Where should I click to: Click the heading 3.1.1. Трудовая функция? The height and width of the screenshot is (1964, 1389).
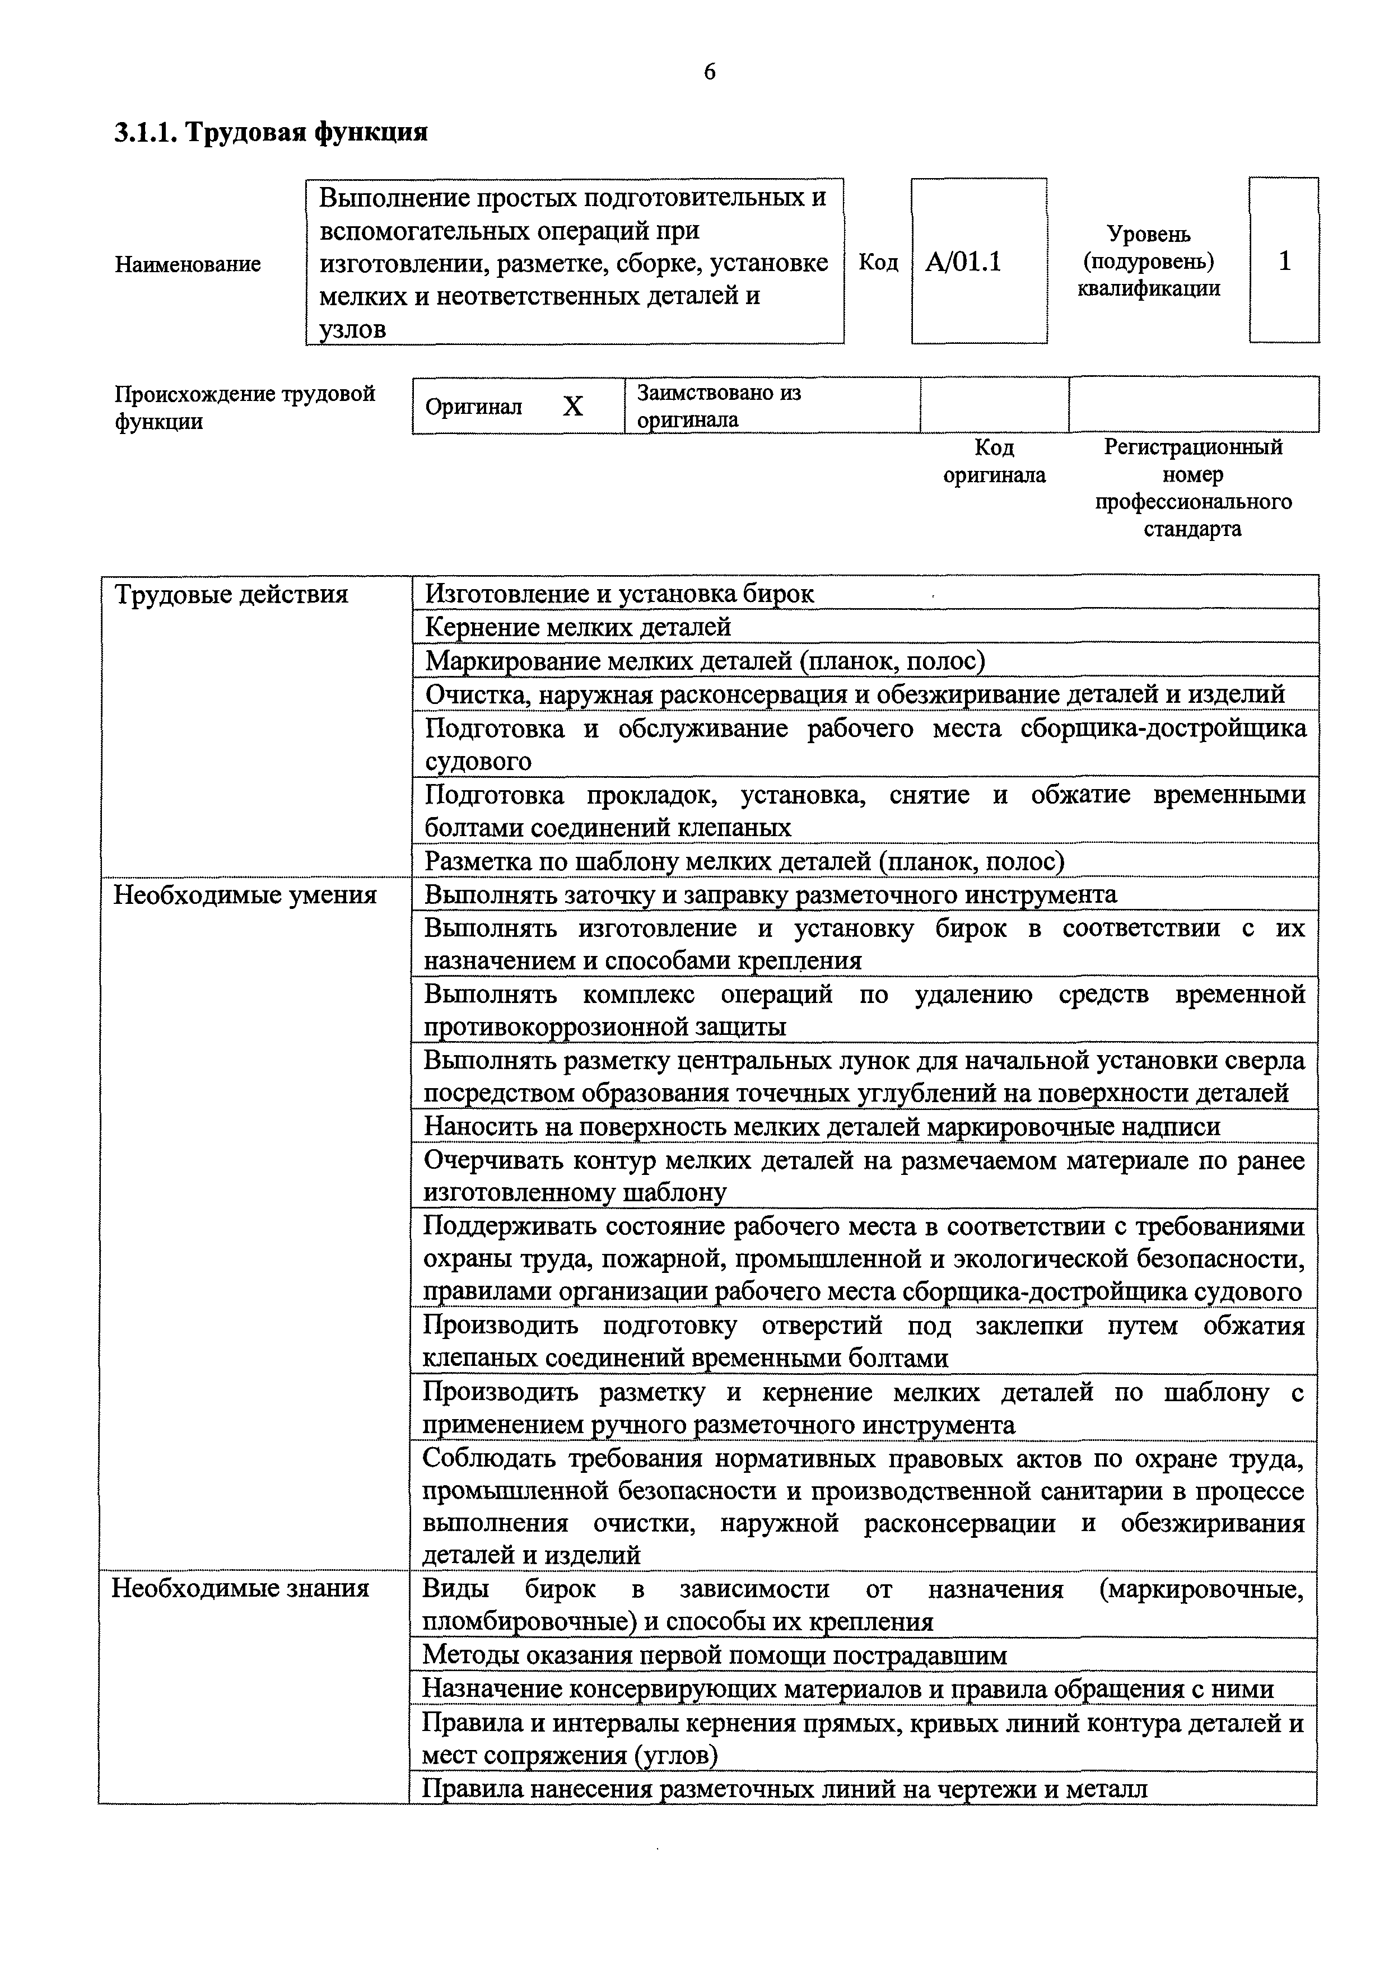(x=271, y=133)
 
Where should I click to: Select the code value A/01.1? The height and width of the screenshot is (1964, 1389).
(x=963, y=262)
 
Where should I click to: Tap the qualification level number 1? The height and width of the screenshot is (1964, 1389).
(x=1284, y=261)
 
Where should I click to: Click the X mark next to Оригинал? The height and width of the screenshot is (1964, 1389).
(x=572, y=407)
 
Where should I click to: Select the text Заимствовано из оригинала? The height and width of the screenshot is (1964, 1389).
(x=719, y=407)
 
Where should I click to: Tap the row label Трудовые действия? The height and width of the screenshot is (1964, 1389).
(x=231, y=595)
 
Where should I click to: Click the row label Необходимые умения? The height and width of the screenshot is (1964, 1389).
(x=245, y=895)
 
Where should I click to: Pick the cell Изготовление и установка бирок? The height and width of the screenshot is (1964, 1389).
(x=619, y=594)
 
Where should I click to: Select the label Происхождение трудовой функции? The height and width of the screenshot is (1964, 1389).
(x=245, y=407)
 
